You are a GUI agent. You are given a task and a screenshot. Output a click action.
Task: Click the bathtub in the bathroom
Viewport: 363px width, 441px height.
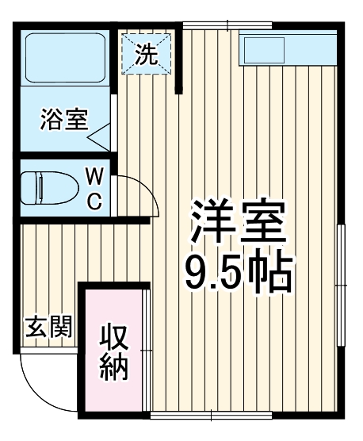66,57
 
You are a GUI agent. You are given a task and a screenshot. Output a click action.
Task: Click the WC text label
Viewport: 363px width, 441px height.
94,188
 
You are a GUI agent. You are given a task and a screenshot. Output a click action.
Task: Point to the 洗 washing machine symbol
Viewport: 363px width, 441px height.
145,55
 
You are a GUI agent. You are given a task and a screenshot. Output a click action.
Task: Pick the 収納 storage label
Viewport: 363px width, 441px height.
114,352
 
